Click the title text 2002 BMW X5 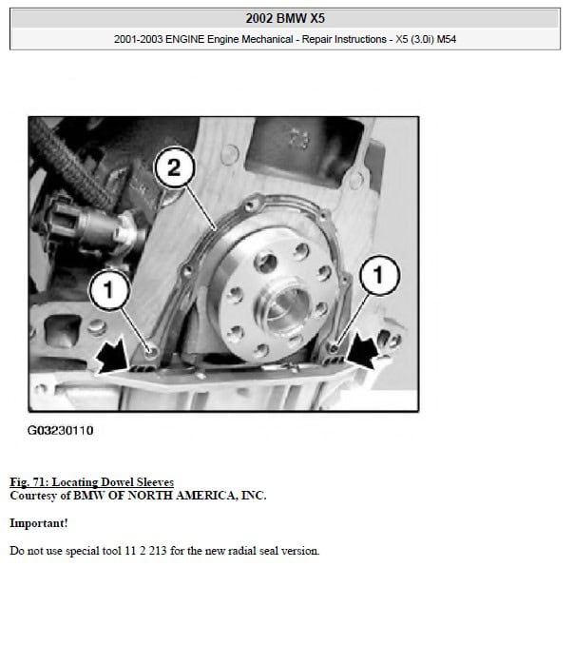click(285, 18)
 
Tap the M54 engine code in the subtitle click(446, 39)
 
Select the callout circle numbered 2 click(174, 167)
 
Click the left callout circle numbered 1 click(109, 290)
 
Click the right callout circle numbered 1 click(379, 275)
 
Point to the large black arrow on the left click(111, 356)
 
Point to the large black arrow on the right click(361, 350)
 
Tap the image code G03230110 click(60, 430)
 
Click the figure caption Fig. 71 click(29, 482)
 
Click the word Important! click(39, 523)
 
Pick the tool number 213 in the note click(158, 551)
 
